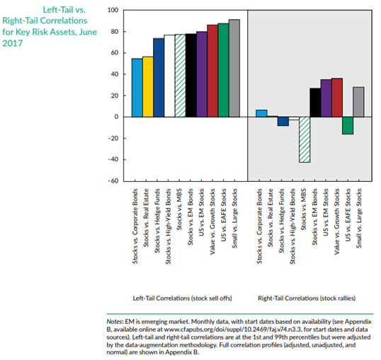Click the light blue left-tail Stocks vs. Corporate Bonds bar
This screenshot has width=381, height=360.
point(137,88)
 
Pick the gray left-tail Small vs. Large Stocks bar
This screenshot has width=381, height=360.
point(234,68)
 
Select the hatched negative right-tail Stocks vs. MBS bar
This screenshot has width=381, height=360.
point(305,139)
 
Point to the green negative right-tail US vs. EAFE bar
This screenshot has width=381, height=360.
point(348,125)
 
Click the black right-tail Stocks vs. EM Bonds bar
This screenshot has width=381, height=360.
point(315,103)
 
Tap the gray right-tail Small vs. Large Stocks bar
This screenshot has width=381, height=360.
point(358,102)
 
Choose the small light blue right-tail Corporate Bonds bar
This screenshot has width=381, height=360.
point(261,113)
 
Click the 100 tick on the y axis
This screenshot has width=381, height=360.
point(113,11)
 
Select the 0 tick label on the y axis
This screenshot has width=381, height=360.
point(116,117)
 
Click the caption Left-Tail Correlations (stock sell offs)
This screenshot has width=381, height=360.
point(182,298)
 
